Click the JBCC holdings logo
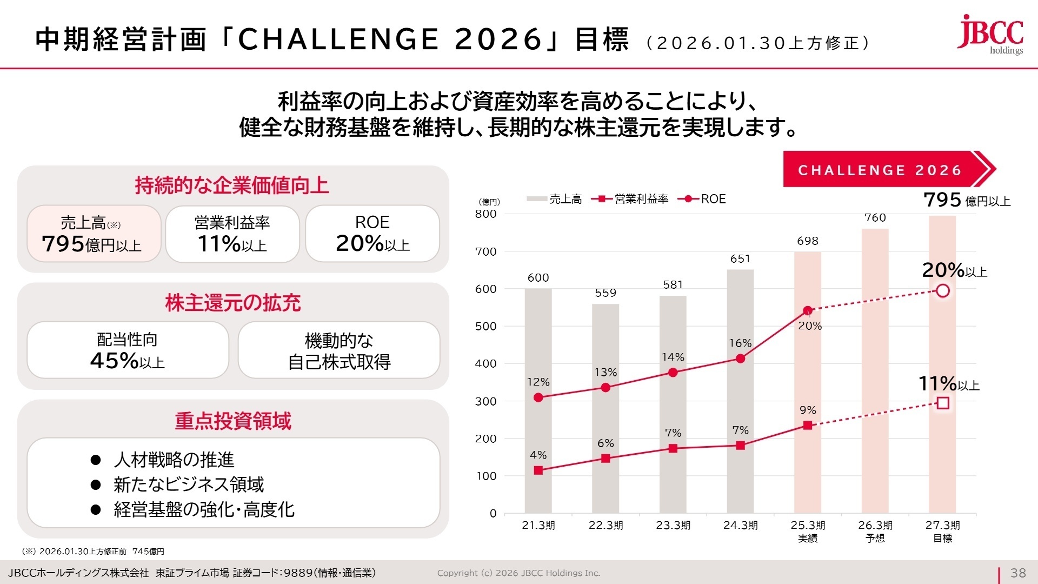[990, 35]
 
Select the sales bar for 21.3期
[538, 400]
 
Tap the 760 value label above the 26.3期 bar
[875, 218]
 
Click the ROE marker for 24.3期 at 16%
[740, 359]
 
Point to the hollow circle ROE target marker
[943, 291]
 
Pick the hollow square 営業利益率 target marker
[943, 403]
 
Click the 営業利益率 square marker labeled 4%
[538, 470]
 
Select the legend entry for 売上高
[554, 199]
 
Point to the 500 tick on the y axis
[485, 326]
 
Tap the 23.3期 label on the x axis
[673, 525]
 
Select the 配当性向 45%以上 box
[128, 350]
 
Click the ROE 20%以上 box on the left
[372, 234]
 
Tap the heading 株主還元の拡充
[233, 303]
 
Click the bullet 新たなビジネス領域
[188, 485]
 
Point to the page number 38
[1018, 573]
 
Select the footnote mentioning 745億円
[93, 552]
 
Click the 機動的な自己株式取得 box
[339, 351]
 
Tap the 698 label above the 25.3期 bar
[807, 241]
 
